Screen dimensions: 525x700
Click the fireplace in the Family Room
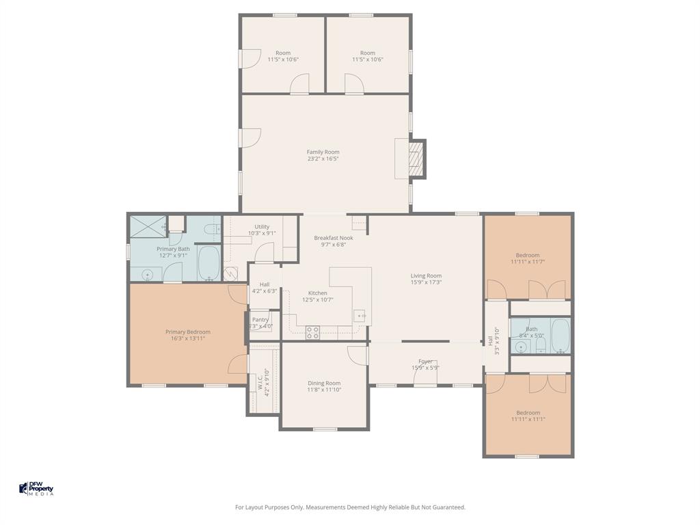[415, 159]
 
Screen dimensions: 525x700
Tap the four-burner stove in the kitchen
[312, 332]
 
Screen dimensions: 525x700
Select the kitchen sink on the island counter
[359, 316]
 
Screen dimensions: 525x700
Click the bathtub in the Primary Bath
[208, 263]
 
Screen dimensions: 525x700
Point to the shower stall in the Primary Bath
[148, 226]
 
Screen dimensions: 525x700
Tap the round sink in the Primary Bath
[146, 274]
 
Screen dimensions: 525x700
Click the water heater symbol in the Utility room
[230, 274]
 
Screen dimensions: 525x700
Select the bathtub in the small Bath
[561, 335]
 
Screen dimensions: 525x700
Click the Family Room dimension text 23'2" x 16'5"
[323, 159]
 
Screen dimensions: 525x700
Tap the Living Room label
[426, 276]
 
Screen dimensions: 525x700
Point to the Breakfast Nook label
[334, 238]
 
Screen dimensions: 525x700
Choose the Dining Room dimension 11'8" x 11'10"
[324, 390]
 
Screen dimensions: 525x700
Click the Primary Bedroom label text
[188, 332]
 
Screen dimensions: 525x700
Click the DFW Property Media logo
[36, 489]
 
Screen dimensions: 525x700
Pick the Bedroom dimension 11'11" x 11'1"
[528, 419]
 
